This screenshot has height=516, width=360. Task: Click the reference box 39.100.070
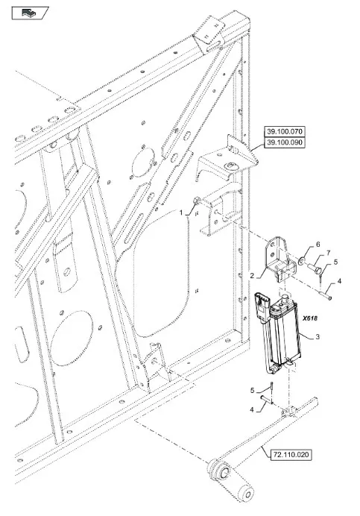click(285, 132)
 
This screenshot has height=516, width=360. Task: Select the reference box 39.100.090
click(285, 143)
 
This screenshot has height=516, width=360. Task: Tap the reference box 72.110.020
click(291, 455)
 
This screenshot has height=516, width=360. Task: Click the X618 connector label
click(310, 318)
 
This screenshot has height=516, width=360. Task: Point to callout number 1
click(181, 213)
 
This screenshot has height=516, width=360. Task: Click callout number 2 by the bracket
click(252, 276)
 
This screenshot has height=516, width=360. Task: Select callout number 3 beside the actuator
click(318, 336)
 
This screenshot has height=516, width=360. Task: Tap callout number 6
click(318, 245)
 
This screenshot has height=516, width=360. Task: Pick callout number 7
click(328, 252)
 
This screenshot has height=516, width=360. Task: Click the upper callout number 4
click(339, 281)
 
